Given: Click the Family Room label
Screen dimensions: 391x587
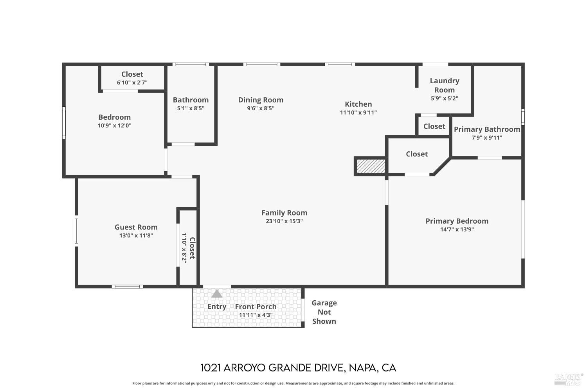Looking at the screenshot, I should (x=284, y=213).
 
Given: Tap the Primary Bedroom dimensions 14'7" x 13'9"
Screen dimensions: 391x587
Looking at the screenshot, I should (x=457, y=230).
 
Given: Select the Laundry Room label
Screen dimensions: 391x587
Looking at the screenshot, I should (x=444, y=85).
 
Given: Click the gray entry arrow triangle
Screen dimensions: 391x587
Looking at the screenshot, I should (x=217, y=294).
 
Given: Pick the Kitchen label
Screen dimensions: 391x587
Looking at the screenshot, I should (x=358, y=104).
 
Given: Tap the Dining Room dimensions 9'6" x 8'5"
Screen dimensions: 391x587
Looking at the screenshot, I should (x=260, y=108).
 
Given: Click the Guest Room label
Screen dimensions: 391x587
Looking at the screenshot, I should (x=136, y=227).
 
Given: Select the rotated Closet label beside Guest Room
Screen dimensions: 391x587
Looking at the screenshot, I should (x=192, y=248).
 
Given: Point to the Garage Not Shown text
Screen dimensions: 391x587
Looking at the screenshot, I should (x=324, y=312).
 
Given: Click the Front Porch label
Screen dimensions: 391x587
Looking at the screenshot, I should (x=256, y=307).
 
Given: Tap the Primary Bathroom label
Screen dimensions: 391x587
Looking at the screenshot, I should (x=487, y=129).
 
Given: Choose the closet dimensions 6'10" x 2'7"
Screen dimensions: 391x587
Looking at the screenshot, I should (x=132, y=83).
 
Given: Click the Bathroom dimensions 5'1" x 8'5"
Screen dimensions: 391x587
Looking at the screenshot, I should (x=191, y=108).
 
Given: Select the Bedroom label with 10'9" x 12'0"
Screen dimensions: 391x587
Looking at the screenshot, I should (x=114, y=117).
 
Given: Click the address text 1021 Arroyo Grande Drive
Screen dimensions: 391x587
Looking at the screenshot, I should (x=298, y=368).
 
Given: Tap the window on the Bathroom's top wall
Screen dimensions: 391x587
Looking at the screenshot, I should (x=191, y=64).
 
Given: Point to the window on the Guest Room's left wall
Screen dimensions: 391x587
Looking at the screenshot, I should (x=76, y=231).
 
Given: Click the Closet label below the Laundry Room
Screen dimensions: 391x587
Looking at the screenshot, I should (x=434, y=126).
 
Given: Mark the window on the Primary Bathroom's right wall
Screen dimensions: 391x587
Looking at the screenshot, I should (x=523, y=117).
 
